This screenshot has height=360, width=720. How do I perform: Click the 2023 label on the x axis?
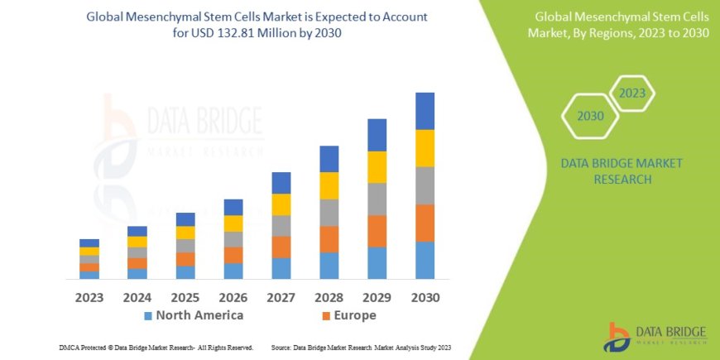[89, 297]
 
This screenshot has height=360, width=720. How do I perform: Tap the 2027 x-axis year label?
[281, 297]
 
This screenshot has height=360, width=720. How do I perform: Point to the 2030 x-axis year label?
[425, 297]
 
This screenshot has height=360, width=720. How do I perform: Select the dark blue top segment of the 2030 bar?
[425, 111]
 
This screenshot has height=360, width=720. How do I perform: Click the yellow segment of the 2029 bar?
[377, 167]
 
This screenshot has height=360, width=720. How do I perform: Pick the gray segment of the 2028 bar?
[329, 213]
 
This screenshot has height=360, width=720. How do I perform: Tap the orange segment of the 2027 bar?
[281, 247]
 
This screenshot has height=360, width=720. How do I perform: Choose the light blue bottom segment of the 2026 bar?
[233, 271]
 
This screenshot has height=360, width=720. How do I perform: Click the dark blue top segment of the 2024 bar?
[137, 231]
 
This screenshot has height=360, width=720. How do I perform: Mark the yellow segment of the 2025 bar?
[185, 233]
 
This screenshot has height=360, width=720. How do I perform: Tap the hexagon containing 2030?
[590, 116]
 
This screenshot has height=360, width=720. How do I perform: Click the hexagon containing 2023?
[631, 94]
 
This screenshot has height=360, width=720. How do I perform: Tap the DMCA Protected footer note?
[156, 348]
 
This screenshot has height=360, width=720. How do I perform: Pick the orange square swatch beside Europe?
[326, 316]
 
